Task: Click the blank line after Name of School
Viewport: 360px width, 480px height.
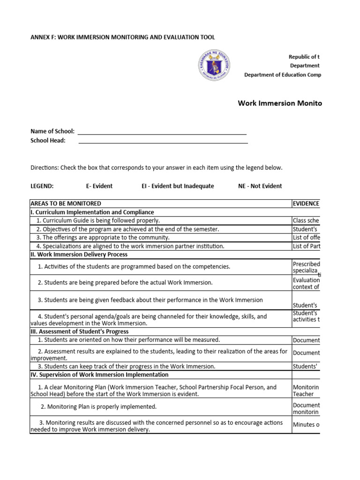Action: (162, 134)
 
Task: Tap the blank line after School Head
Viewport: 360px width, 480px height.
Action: (163, 142)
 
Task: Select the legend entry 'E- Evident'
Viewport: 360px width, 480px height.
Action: (99, 186)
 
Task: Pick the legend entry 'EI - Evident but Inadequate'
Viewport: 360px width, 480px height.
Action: (178, 186)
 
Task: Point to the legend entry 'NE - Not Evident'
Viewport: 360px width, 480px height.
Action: (260, 186)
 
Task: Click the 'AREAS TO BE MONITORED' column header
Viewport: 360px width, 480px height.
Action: (66, 203)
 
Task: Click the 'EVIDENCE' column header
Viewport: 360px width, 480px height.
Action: (306, 203)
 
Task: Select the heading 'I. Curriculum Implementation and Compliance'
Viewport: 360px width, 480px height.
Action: (92, 212)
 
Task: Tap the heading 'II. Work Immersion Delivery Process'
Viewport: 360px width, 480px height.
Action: (79, 255)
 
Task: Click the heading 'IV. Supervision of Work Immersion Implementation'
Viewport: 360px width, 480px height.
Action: (99, 375)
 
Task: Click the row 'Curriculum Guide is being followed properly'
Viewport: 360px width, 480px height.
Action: (98, 220)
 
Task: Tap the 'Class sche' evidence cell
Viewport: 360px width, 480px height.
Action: (306, 220)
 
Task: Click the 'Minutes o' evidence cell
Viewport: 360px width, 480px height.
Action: (306, 425)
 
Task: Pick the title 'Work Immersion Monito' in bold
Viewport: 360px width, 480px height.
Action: (280, 103)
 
